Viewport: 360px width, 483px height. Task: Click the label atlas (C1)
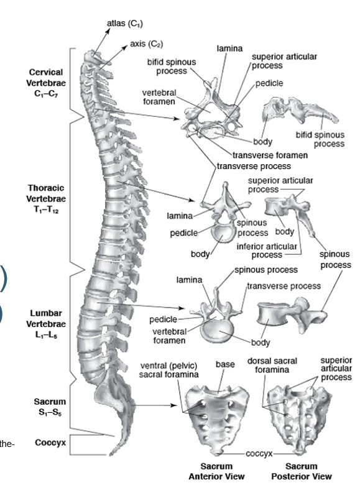tap(125, 24)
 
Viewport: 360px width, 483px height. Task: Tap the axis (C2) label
tap(146, 44)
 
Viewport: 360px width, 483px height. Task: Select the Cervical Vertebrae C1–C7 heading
tap(46, 83)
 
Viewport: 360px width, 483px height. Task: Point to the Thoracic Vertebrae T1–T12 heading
tap(46, 199)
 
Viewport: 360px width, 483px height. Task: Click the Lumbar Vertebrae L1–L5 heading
tap(46, 324)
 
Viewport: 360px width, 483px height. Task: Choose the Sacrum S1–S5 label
tap(50, 407)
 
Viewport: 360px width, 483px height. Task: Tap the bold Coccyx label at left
tap(50, 443)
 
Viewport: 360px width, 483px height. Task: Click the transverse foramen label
tap(270, 155)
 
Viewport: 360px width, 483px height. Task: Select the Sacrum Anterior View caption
tap(216, 471)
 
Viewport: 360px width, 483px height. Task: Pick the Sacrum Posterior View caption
tap(301, 471)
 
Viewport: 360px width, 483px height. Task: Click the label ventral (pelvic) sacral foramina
tap(168, 370)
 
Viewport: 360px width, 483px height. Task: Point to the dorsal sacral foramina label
tap(272, 365)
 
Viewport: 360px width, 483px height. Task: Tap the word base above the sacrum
tap(225, 364)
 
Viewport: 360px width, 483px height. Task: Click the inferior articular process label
tap(267, 251)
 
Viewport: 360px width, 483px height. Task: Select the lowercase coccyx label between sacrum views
tap(259, 454)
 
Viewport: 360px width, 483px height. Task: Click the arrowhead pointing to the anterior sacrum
tap(175, 405)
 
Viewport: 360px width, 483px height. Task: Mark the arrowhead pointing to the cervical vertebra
tap(177, 119)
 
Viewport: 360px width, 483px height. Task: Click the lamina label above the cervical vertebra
tap(229, 48)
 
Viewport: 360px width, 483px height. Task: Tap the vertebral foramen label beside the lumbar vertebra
tap(169, 336)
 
